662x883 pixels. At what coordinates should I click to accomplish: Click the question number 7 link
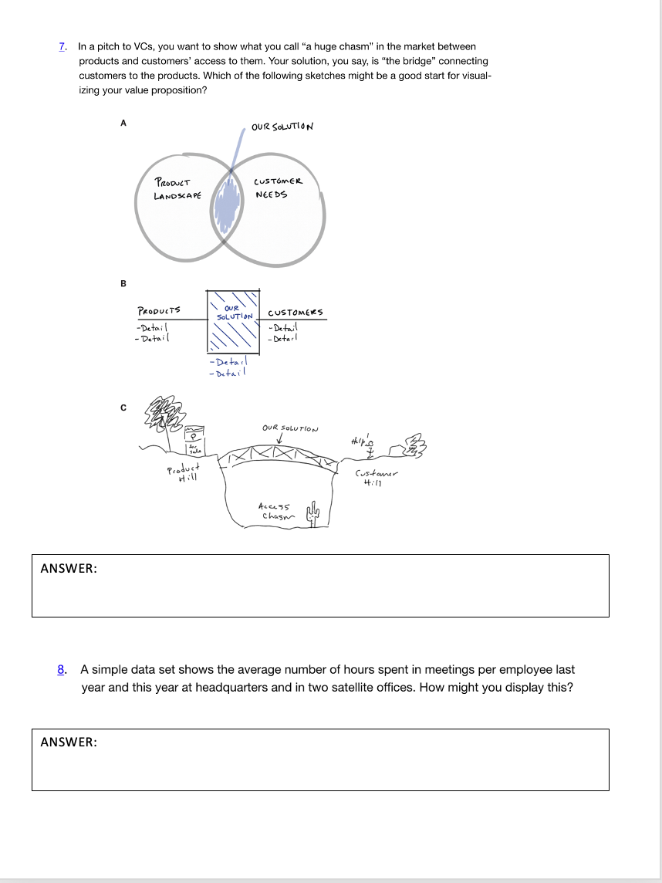pos(62,47)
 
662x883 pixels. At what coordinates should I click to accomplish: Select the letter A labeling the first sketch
pos(122,122)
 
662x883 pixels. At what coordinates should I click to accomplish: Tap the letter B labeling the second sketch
pos(122,283)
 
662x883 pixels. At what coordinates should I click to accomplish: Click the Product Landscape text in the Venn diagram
pos(177,189)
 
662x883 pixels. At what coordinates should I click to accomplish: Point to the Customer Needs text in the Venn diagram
pos(278,188)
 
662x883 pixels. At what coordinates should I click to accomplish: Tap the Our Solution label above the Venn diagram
pos(282,127)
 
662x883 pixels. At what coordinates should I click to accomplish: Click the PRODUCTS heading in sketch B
pos(158,311)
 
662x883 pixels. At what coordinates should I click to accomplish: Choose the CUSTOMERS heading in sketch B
pos(296,313)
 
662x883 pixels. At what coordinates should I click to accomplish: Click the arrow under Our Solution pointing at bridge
pos(281,441)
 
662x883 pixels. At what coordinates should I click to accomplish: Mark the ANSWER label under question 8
pos(69,743)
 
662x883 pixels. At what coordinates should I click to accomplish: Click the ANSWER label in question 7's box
pos(69,568)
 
